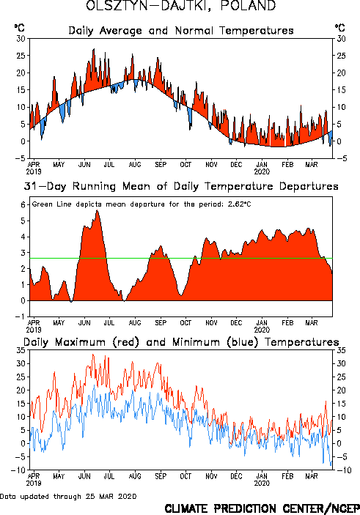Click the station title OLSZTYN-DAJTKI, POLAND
click(x=181, y=6)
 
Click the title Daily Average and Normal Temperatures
click(x=181, y=31)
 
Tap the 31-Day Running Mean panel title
click(x=181, y=186)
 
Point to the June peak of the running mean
click(x=98, y=210)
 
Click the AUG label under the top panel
click(x=135, y=164)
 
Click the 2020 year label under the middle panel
click(x=262, y=330)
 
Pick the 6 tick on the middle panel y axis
click(x=23, y=205)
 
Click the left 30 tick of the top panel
click(x=21, y=39)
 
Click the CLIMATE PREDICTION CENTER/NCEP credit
click(x=262, y=508)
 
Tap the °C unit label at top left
click(x=19, y=28)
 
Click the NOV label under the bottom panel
click(x=211, y=476)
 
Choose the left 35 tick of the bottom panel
click(x=21, y=350)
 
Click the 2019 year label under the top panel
click(x=34, y=171)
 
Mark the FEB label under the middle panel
click(x=287, y=323)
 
